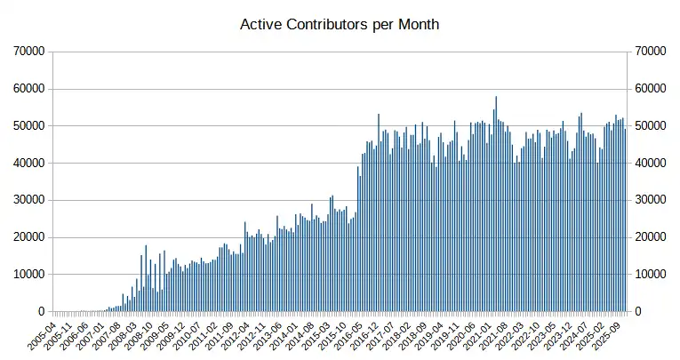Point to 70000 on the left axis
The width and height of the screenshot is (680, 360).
tap(28, 52)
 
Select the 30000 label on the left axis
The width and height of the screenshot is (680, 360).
tap(28, 200)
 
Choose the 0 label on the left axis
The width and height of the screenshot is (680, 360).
tap(41, 312)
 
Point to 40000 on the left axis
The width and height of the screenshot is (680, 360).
tap(28, 164)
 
